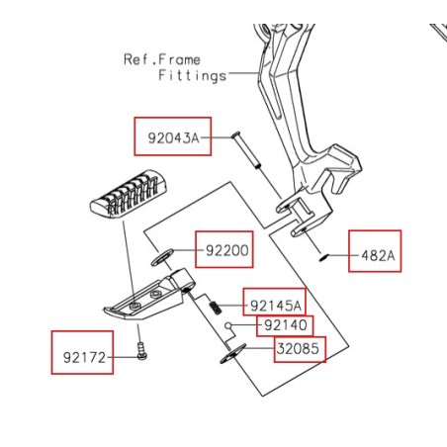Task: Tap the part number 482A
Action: coord(377,255)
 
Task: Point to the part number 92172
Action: coord(83,351)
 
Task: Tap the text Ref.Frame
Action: coord(161,59)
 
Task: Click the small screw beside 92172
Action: coord(141,350)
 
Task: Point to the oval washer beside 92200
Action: coord(162,259)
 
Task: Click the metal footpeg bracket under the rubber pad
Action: coord(148,297)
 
